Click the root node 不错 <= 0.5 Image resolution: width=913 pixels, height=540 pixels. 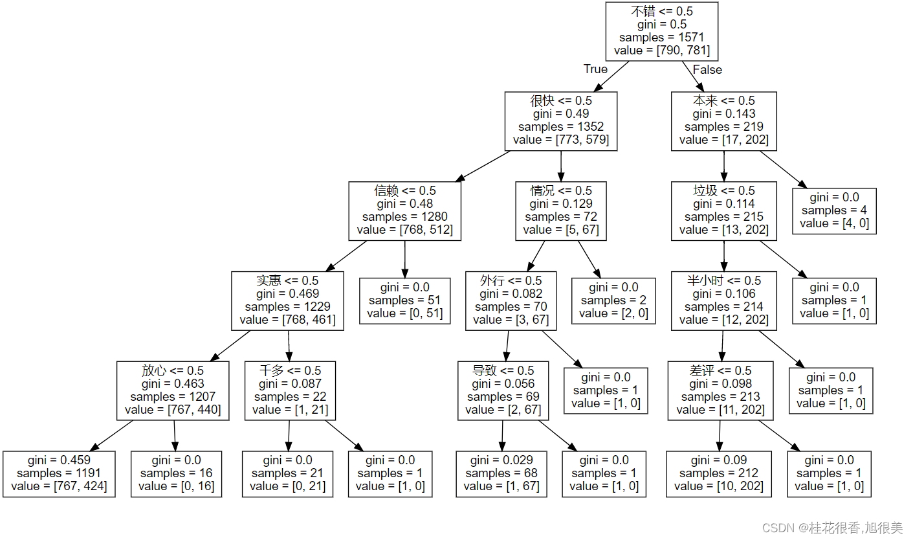pos(661,31)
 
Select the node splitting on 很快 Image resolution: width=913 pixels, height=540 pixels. pos(560,120)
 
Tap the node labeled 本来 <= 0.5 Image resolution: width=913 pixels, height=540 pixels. pos(723,120)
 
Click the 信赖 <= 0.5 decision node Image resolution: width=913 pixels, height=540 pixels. pos(404,210)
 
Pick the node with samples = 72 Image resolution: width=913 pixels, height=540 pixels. pos(560,210)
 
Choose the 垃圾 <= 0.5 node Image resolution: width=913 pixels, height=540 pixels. pos(723,210)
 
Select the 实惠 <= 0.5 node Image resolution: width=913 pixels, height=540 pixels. pos(287,300)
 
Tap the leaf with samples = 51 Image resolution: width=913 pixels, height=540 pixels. pos(404,300)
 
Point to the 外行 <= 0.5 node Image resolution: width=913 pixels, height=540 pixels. pos(511,300)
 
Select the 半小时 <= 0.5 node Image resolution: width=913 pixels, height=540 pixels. pos(723,300)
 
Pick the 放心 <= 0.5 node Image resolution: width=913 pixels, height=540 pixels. pos(173,390)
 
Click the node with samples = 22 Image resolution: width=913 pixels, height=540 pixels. pos(290,390)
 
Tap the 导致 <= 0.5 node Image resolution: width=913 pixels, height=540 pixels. pos(503,390)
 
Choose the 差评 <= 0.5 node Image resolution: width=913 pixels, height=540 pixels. pos(720,390)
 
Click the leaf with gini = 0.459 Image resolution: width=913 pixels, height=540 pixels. pos(59,474)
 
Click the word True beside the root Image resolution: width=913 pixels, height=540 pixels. pos(595,69)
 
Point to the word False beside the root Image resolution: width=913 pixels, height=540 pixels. pos(707,69)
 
